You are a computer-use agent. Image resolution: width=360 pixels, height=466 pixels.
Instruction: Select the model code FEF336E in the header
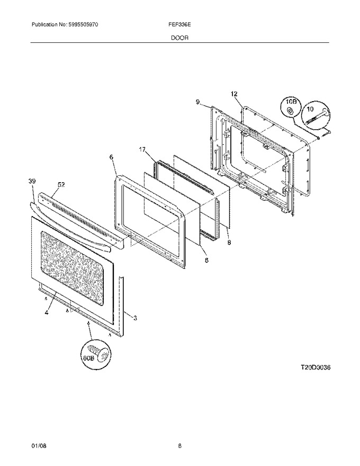(x=179, y=25)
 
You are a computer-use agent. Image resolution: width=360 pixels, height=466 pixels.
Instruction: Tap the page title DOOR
(x=179, y=38)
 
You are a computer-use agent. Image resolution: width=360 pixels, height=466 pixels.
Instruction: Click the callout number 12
(x=234, y=94)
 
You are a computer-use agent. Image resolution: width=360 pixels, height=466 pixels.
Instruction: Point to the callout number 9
(x=197, y=102)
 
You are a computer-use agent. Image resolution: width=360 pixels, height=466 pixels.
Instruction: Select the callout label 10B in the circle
(x=291, y=102)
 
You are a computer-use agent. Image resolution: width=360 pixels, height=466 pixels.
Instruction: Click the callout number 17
(x=142, y=149)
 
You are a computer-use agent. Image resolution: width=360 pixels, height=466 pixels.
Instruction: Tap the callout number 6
(x=111, y=157)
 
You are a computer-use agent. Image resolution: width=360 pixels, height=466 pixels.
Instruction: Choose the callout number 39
(x=32, y=181)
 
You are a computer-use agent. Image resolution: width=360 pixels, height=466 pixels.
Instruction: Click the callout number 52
(x=61, y=185)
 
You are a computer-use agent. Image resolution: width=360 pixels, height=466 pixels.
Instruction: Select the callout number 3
(x=135, y=318)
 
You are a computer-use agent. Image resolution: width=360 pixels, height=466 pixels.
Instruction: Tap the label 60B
(x=88, y=358)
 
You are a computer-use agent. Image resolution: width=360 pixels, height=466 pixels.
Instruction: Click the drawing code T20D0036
(x=315, y=368)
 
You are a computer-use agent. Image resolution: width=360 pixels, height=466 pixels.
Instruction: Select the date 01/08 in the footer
(x=39, y=446)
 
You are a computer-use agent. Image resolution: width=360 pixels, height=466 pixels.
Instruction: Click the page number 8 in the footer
(x=179, y=446)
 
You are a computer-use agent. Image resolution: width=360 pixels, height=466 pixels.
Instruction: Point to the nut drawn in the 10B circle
(x=289, y=112)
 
